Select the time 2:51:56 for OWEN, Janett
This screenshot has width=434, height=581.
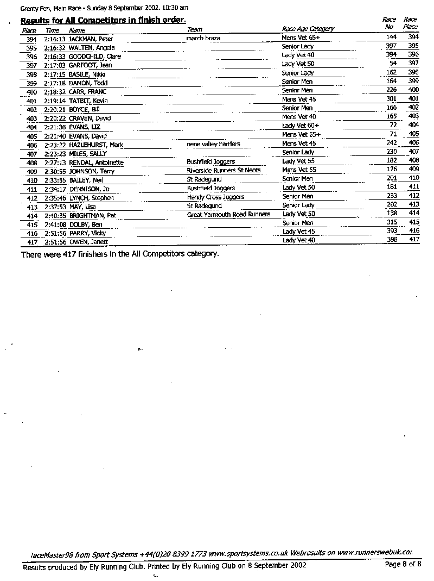tap(55, 242)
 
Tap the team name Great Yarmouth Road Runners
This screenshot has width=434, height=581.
tap(228, 215)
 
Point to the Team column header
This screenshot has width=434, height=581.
tap(194, 29)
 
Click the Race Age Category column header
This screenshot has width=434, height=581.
tap(308, 29)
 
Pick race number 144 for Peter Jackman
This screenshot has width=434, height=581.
tap(391, 37)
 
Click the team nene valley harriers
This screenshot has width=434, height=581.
tap(213, 144)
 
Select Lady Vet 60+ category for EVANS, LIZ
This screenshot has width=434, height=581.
tap(301, 126)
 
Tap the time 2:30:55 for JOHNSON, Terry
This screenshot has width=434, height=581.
tap(55, 171)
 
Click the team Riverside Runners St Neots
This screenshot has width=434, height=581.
tap(224, 171)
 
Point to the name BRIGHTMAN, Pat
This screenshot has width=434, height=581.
tap(92, 216)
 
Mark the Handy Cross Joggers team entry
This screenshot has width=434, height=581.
tap(215, 197)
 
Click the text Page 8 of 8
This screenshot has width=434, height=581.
tap(403, 564)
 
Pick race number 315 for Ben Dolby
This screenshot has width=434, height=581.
tap(391, 222)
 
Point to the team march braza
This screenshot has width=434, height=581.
tap(203, 39)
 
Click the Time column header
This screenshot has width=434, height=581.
tap(52, 30)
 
